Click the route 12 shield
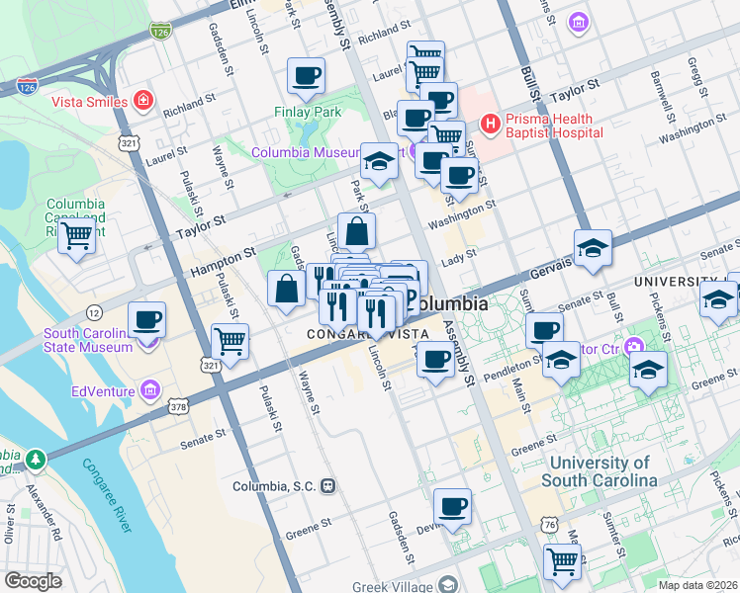pos(95,312)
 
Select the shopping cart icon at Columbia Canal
pos(76,236)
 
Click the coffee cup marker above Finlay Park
pos(306,75)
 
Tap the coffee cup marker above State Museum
pos(146,319)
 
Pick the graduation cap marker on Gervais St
pos(593,247)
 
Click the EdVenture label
pos(104,390)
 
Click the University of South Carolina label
pos(601,471)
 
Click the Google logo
pos(33,581)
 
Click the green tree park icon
pos(36,459)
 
